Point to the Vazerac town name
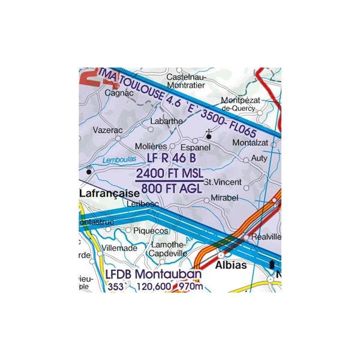[x=107, y=129]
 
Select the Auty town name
[x=260, y=158]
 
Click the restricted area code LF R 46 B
[x=171, y=159]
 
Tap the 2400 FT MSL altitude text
[x=171, y=174]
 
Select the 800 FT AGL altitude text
[x=172, y=188]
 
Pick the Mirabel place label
[x=226, y=197]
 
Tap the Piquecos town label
[x=151, y=230]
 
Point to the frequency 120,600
[x=155, y=289]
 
